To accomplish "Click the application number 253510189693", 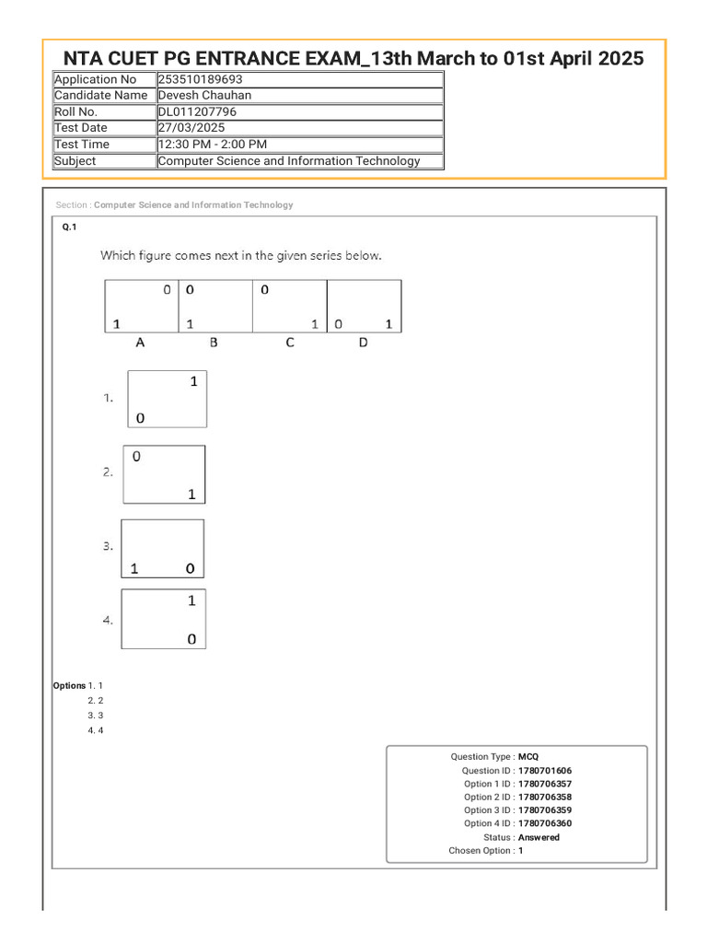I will pyautogui.click(x=200, y=79).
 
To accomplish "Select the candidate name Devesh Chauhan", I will pyautogui.click(x=204, y=95).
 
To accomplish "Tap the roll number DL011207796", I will pyautogui.click(x=197, y=111).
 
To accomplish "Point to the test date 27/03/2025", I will pyautogui.click(x=191, y=128).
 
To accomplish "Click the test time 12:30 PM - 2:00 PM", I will pyautogui.click(x=213, y=145).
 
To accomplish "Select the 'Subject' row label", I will pyautogui.click(x=75, y=161).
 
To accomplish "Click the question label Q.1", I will pyautogui.click(x=70, y=227).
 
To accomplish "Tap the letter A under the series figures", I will pyautogui.click(x=140, y=343).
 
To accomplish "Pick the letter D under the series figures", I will pyautogui.click(x=363, y=343).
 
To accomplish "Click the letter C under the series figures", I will pyautogui.click(x=289, y=343).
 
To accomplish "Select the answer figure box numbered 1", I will pyautogui.click(x=167, y=399).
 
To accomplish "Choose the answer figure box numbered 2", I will pyautogui.click(x=164, y=474).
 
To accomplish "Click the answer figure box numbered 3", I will pyautogui.click(x=163, y=549).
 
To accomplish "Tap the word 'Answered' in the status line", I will pyautogui.click(x=539, y=838).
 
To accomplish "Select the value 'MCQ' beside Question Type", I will pyautogui.click(x=528, y=757).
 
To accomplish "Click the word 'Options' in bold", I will pyautogui.click(x=69, y=686).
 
